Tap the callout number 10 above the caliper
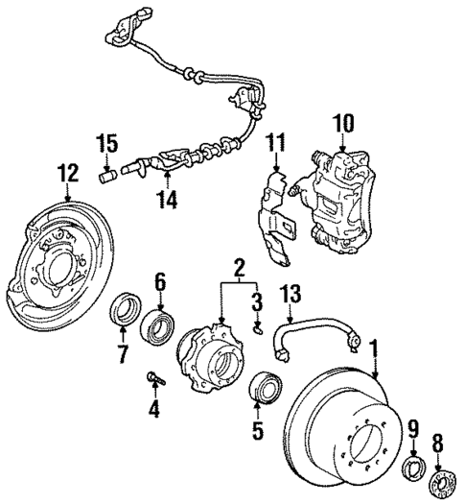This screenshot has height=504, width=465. click(x=343, y=122)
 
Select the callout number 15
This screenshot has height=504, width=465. click(x=106, y=145)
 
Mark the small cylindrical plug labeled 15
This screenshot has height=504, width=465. click(x=107, y=176)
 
